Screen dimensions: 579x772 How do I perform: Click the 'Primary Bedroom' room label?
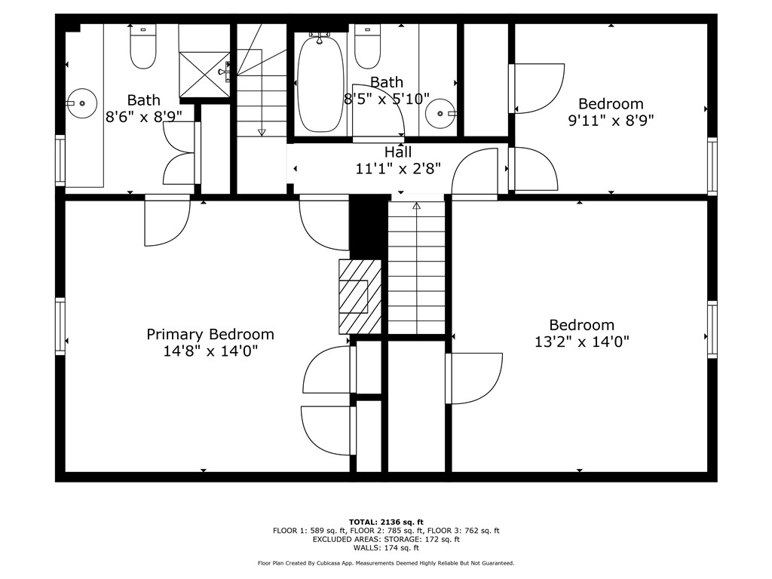tap(210, 334)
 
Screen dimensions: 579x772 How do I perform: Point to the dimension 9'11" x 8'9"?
tap(611, 120)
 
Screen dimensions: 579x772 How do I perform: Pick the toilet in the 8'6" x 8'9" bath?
tap(142, 46)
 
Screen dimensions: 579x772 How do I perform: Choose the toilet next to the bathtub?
tap(367, 46)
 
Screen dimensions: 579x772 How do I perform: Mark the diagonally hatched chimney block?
tap(361, 296)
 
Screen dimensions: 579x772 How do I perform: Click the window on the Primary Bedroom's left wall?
tap(60, 326)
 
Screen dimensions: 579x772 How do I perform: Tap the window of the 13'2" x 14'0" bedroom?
tap(712, 329)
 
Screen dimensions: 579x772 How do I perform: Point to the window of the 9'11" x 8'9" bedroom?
tap(712, 166)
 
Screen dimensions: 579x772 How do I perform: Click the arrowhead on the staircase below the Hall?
tap(416, 205)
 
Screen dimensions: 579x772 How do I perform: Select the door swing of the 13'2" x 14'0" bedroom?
tap(475, 377)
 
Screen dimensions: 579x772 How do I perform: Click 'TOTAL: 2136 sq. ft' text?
tap(386, 522)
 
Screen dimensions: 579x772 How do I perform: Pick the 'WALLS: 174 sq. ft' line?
tap(386, 548)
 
